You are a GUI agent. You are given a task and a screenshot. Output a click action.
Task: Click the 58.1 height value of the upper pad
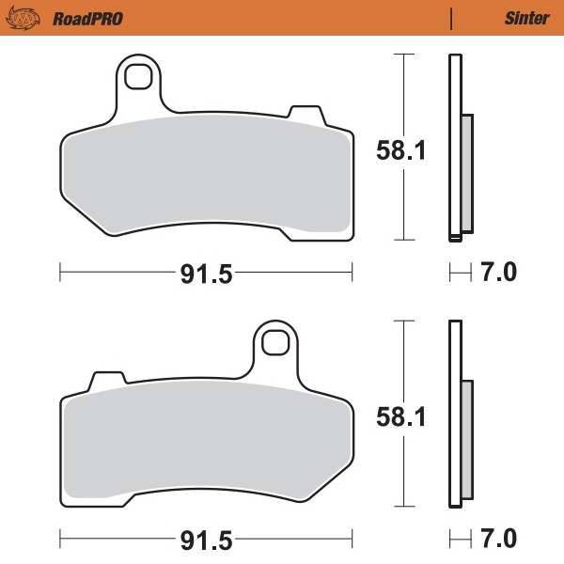tap(401, 149)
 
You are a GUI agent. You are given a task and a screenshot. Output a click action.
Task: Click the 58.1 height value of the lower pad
tap(401, 415)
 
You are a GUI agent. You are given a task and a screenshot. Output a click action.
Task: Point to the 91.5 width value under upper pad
tap(206, 274)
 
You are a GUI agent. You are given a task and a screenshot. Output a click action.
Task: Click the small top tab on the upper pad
tap(303, 113)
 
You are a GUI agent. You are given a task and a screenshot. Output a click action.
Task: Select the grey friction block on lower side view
tap(467, 439)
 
